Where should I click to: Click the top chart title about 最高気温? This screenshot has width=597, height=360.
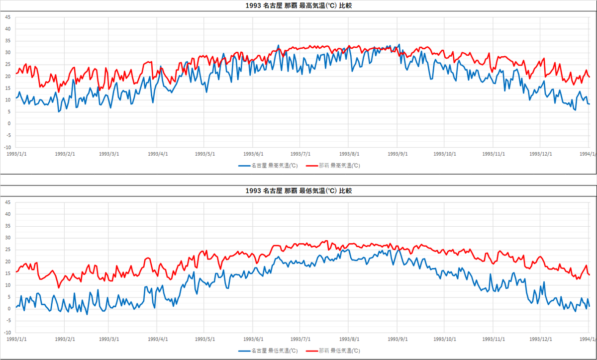click(299, 6)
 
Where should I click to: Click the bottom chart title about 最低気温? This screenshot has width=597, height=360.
click(299, 191)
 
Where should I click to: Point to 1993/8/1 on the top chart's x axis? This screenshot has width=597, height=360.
click(349, 154)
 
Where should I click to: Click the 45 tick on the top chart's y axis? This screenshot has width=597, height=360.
click(7, 17)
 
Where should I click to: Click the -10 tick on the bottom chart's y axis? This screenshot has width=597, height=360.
click(7, 333)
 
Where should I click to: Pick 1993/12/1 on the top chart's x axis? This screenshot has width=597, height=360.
click(540, 154)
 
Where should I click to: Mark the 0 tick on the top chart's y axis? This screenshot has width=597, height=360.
click(8, 124)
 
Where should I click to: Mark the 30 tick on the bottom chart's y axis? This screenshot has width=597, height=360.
click(7, 238)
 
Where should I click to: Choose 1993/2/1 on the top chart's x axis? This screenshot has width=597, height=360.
click(65, 154)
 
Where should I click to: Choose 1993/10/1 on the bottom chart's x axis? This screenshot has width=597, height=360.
click(445, 339)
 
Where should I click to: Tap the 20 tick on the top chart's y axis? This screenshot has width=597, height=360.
click(7, 76)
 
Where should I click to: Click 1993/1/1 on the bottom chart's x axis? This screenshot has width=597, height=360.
click(16, 339)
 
